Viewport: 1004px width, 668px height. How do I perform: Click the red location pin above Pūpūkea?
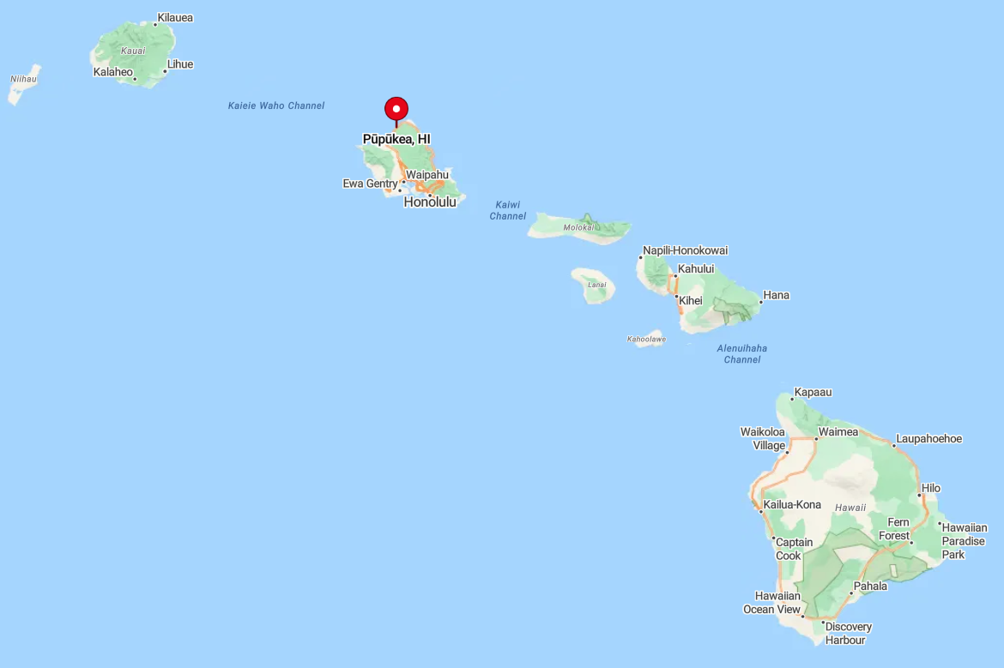pyautogui.click(x=396, y=109)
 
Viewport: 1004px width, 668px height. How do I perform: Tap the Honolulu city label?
pyautogui.click(x=430, y=202)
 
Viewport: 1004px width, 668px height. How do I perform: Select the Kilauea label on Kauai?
pyautogui.click(x=175, y=17)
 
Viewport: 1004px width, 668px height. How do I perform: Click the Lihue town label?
pyautogui.click(x=180, y=64)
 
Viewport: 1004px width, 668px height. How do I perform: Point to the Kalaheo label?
pyautogui.click(x=113, y=72)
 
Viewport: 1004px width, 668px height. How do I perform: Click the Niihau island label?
pyautogui.click(x=23, y=79)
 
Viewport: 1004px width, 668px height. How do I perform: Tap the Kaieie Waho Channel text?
pyautogui.click(x=276, y=105)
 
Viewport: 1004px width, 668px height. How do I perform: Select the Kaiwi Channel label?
pyautogui.click(x=508, y=210)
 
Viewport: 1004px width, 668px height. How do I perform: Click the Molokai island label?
pyautogui.click(x=578, y=227)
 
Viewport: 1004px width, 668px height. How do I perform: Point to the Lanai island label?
pyautogui.click(x=596, y=285)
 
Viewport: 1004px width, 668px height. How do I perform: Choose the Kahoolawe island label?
pyautogui.click(x=646, y=340)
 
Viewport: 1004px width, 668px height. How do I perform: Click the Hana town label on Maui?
pyautogui.click(x=777, y=295)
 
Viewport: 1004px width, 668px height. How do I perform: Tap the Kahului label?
pyautogui.click(x=696, y=268)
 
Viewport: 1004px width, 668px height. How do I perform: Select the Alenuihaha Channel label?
pyautogui.click(x=742, y=353)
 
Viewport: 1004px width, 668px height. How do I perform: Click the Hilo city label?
pyautogui.click(x=931, y=488)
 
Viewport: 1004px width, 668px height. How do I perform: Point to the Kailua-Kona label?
pyautogui.click(x=792, y=504)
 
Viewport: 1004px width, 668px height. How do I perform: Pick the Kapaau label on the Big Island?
pyautogui.click(x=813, y=392)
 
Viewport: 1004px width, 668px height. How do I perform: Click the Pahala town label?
pyautogui.click(x=870, y=587)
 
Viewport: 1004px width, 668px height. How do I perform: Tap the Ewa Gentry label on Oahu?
pyautogui.click(x=370, y=184)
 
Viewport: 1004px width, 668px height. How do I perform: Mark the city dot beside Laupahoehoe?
pyautogui.click(x=893, y=446)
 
